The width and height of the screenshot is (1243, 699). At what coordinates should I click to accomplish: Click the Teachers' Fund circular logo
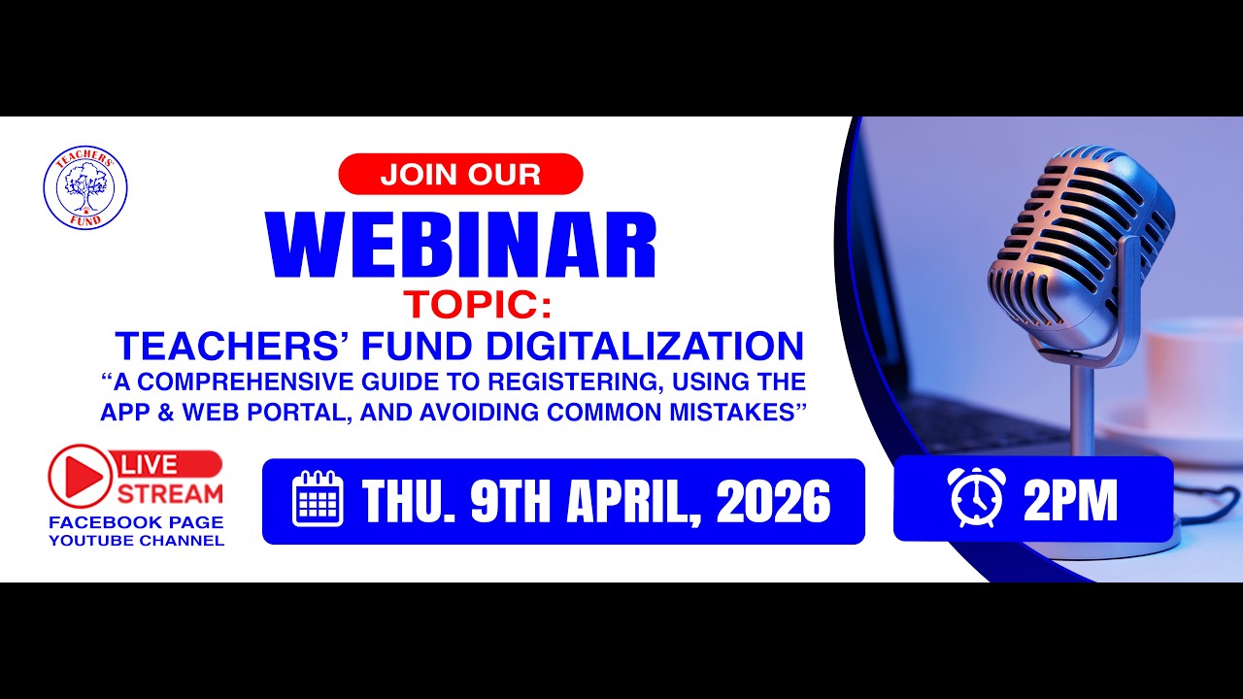coord(85,188)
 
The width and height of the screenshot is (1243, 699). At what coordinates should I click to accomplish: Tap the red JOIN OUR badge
coord(460,175)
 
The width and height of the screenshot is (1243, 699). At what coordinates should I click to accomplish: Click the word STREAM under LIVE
coord(171,492)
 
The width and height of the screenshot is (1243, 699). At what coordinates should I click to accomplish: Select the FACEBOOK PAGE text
coord(136,522)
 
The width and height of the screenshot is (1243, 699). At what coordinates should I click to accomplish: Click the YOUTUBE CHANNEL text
coord(136,541)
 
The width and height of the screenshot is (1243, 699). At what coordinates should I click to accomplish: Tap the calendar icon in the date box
coord(319,499)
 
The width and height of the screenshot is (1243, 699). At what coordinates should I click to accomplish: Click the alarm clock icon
coord(976,497)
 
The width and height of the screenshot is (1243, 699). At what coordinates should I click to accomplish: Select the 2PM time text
coord(1070,501)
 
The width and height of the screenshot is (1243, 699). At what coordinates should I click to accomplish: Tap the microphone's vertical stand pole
coord(1081,408)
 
